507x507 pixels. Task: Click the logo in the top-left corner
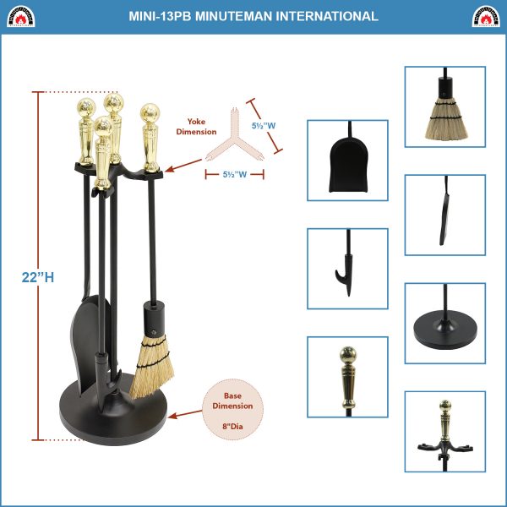click(x=20, y=16)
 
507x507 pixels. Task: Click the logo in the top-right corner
click(x=486, y=16)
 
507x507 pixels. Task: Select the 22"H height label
click(x=38, y=277)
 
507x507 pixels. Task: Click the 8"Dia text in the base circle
click(x=232, y=427)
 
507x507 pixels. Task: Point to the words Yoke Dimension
click(x=196, y=127)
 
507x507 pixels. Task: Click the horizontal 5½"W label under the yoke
click(x=235, y=175)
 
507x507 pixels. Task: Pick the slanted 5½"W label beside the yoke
click(x=264, y=126)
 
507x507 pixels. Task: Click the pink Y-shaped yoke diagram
click(x=235, y=139)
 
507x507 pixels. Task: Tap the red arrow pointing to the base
click(x=185, y=414)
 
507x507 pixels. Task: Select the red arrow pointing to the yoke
click(x=183, y=166)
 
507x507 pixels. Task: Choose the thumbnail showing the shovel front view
click(x=347, y=161)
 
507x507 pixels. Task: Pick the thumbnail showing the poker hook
click(x=347, y=269)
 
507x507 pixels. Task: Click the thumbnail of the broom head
click(x=445, y=106)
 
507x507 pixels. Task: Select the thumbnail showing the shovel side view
click(x=445, y=215)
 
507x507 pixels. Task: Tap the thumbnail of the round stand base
click(x=445, y=324)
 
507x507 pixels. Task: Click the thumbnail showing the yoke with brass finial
click(x=445, y=432)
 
